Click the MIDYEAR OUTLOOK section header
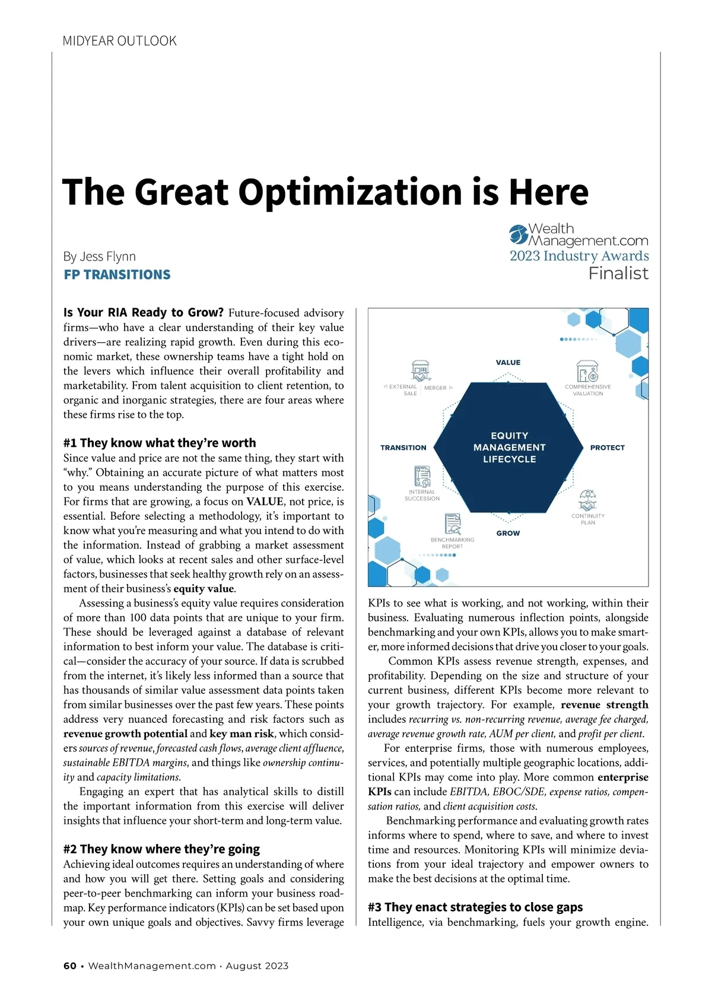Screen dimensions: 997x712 119,41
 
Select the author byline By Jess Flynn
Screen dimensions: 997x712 100,256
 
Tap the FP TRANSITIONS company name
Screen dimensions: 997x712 117,275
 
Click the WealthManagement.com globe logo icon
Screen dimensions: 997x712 518,234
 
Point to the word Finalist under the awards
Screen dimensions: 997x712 618,274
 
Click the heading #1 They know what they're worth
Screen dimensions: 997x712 160,443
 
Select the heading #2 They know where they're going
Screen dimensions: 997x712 161,849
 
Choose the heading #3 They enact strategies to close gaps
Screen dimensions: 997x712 475,907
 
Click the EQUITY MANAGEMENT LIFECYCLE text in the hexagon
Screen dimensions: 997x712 509,447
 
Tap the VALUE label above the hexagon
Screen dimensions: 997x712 508,363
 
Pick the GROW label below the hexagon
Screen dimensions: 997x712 508,534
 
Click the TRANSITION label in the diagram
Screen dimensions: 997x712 403,447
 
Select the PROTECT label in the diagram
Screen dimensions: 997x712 607,447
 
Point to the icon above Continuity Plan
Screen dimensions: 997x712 587,501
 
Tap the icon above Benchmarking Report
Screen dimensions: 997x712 453,524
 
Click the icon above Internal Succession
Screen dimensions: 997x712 422,477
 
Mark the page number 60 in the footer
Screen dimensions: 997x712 70,966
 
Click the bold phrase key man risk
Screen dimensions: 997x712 241,734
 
